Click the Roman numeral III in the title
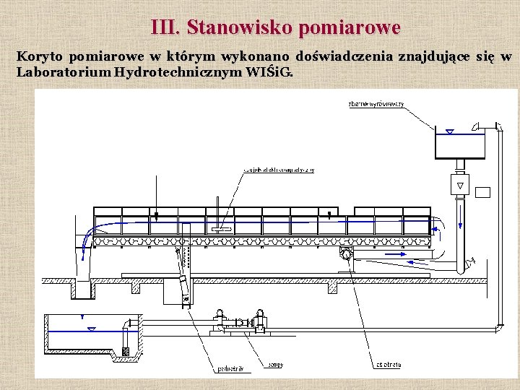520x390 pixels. click(x=165, y=27)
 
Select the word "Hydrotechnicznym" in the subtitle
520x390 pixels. click(x=174, y=72)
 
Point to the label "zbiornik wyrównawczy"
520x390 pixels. click(x=376, y=105)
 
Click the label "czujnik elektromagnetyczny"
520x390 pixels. click(x=278, y=170)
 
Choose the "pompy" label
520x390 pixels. click(x=275, y=365)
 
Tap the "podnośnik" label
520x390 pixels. click(x=230, y=369)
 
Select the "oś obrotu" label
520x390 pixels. click(x=389, y=365)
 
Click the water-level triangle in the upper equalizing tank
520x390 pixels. click(x=449, y=132)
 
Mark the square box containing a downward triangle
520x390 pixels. click(x=459, y=185)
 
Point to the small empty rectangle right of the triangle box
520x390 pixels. click(x=483, y=192)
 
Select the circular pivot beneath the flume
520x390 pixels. click(x=347, y=254)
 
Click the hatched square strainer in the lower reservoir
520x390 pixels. click(x=126, y=352)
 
